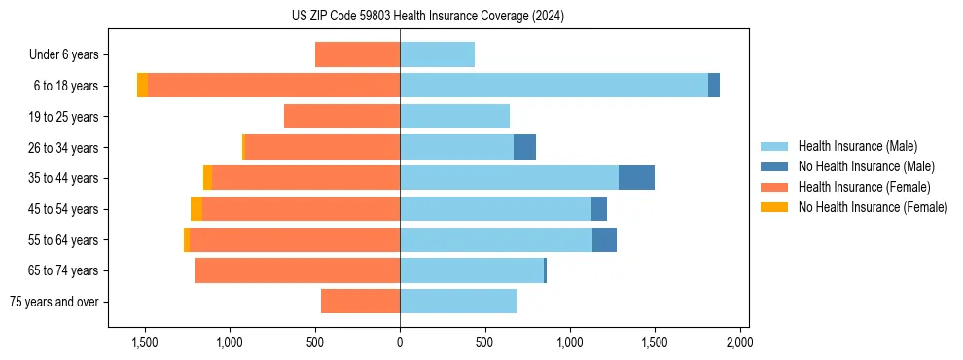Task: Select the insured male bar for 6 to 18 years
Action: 553,86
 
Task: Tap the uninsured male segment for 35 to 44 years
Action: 636,178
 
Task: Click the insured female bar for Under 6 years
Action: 357,54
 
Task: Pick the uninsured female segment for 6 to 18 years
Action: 142,86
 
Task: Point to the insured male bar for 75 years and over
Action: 458,302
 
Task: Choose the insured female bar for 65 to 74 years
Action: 297,270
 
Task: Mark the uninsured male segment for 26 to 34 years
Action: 524,147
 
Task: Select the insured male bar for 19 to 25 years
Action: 454,117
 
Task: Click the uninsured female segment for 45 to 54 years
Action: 196,209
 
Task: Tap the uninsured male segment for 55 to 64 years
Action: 604,239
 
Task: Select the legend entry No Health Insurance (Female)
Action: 873,207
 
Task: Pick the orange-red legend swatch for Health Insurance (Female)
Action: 774,187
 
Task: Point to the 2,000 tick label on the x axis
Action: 739,342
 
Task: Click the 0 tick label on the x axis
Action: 400,342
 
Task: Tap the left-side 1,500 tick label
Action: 144,342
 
